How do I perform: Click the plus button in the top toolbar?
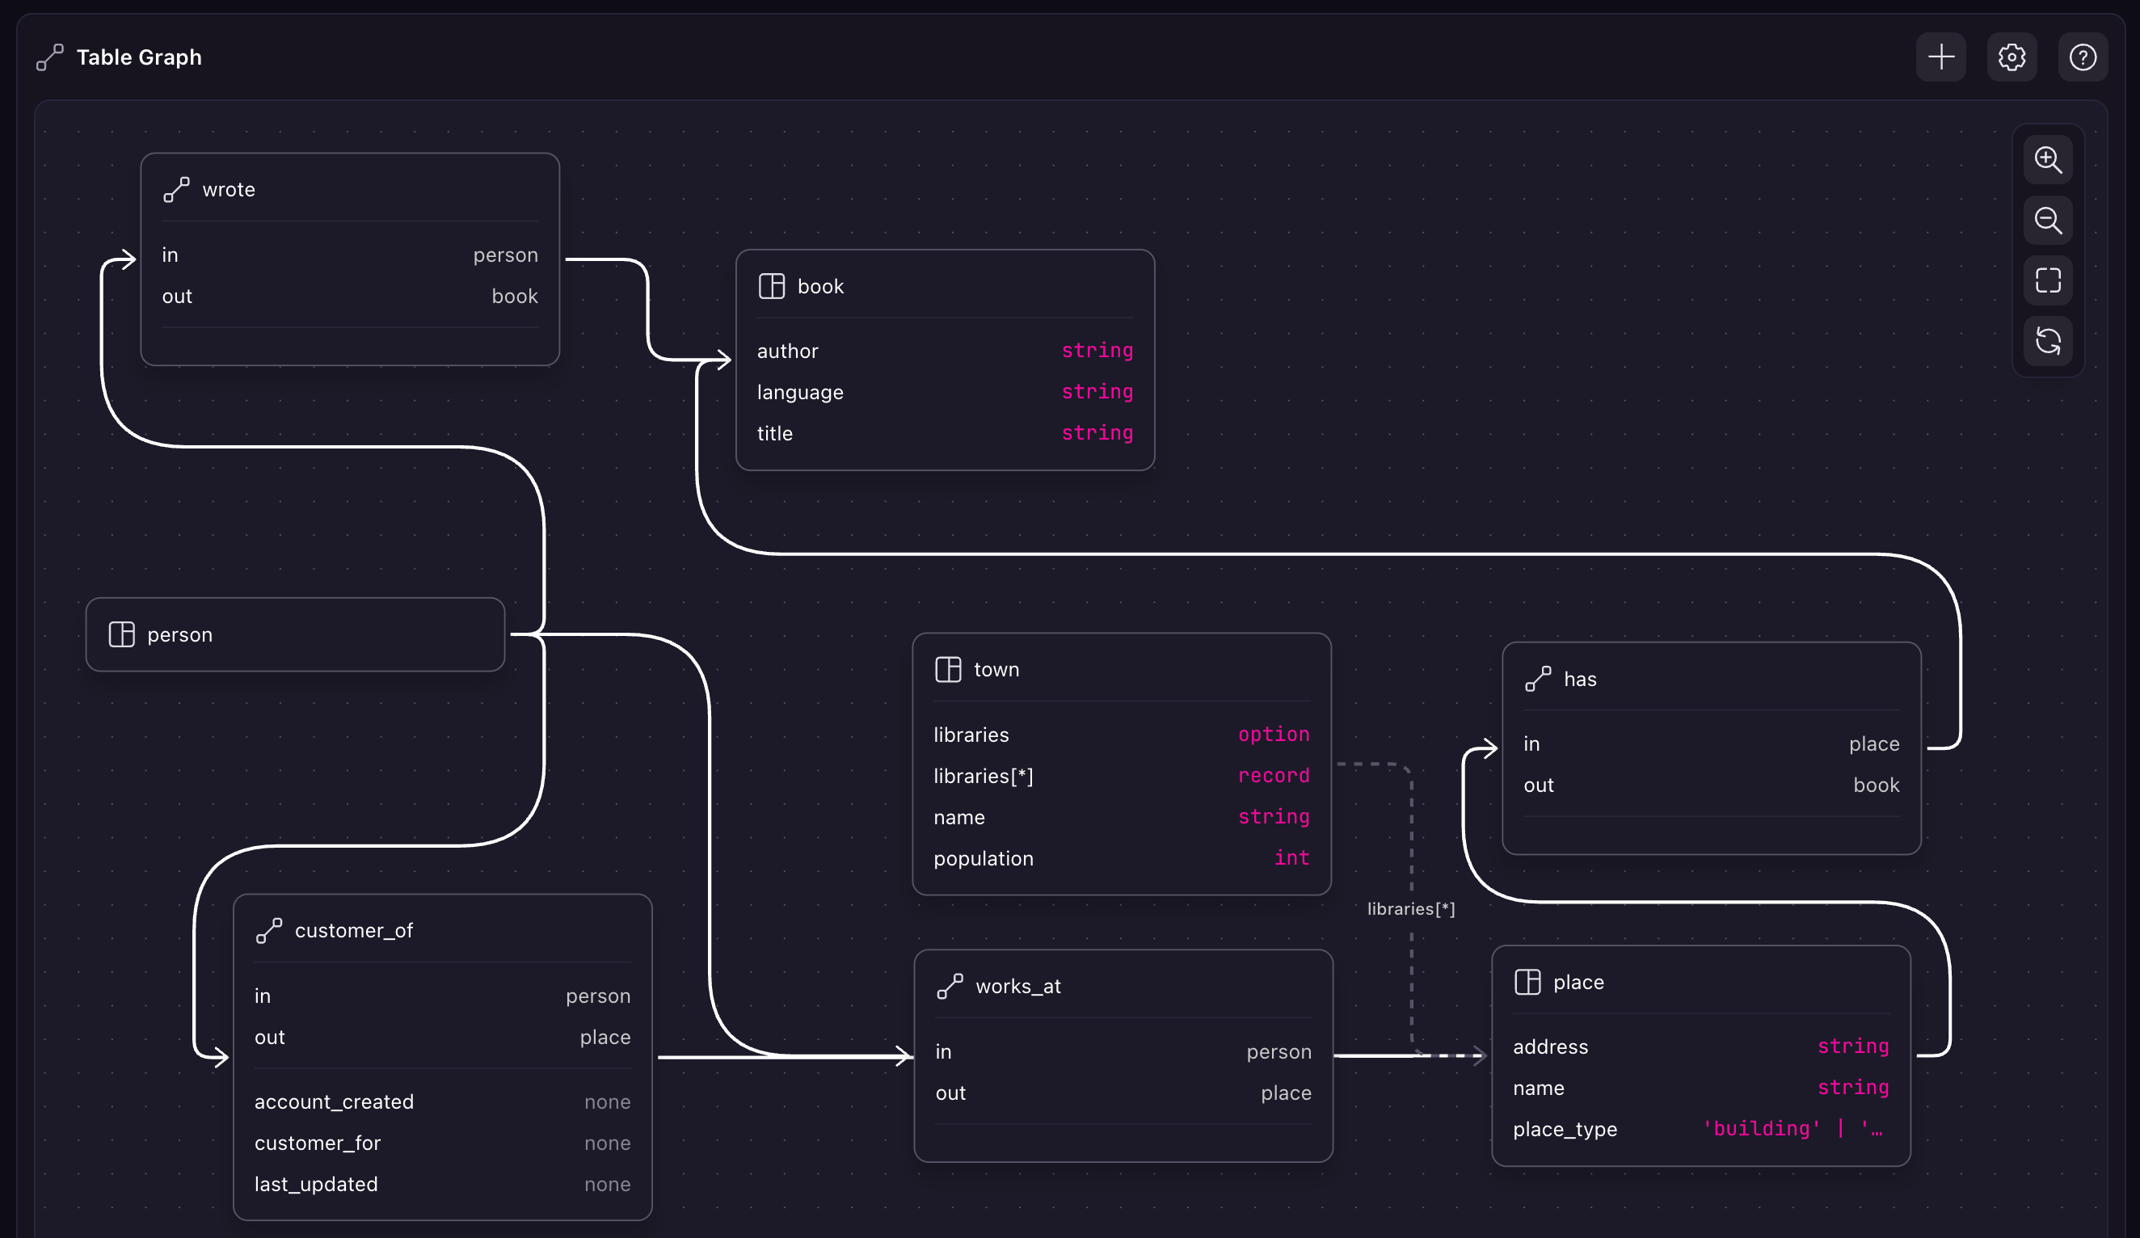tap(1940, 57)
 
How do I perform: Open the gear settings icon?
tap(2011, 57)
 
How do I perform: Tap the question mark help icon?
tap(2083, 57)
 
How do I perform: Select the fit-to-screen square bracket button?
tap(2047, 280)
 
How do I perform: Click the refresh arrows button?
tap(2047, 341)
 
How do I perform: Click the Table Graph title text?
tap(139, 57)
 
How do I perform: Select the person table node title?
tap(179, 634)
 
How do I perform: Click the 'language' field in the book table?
tap(800, 392)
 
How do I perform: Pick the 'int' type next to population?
tap(1291, 857)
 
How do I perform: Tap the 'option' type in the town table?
tap(1273, 734)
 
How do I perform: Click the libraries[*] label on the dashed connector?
tap(1410, 908)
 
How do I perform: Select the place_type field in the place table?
tap(1565, 1130)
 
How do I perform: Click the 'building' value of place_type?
tap(1761, 1128)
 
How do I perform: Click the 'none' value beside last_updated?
tap(607, 1184)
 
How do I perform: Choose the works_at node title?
tap(1017, 986)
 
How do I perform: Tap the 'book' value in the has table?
tap(1876, 785)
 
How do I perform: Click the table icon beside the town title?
tap(948, 669)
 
